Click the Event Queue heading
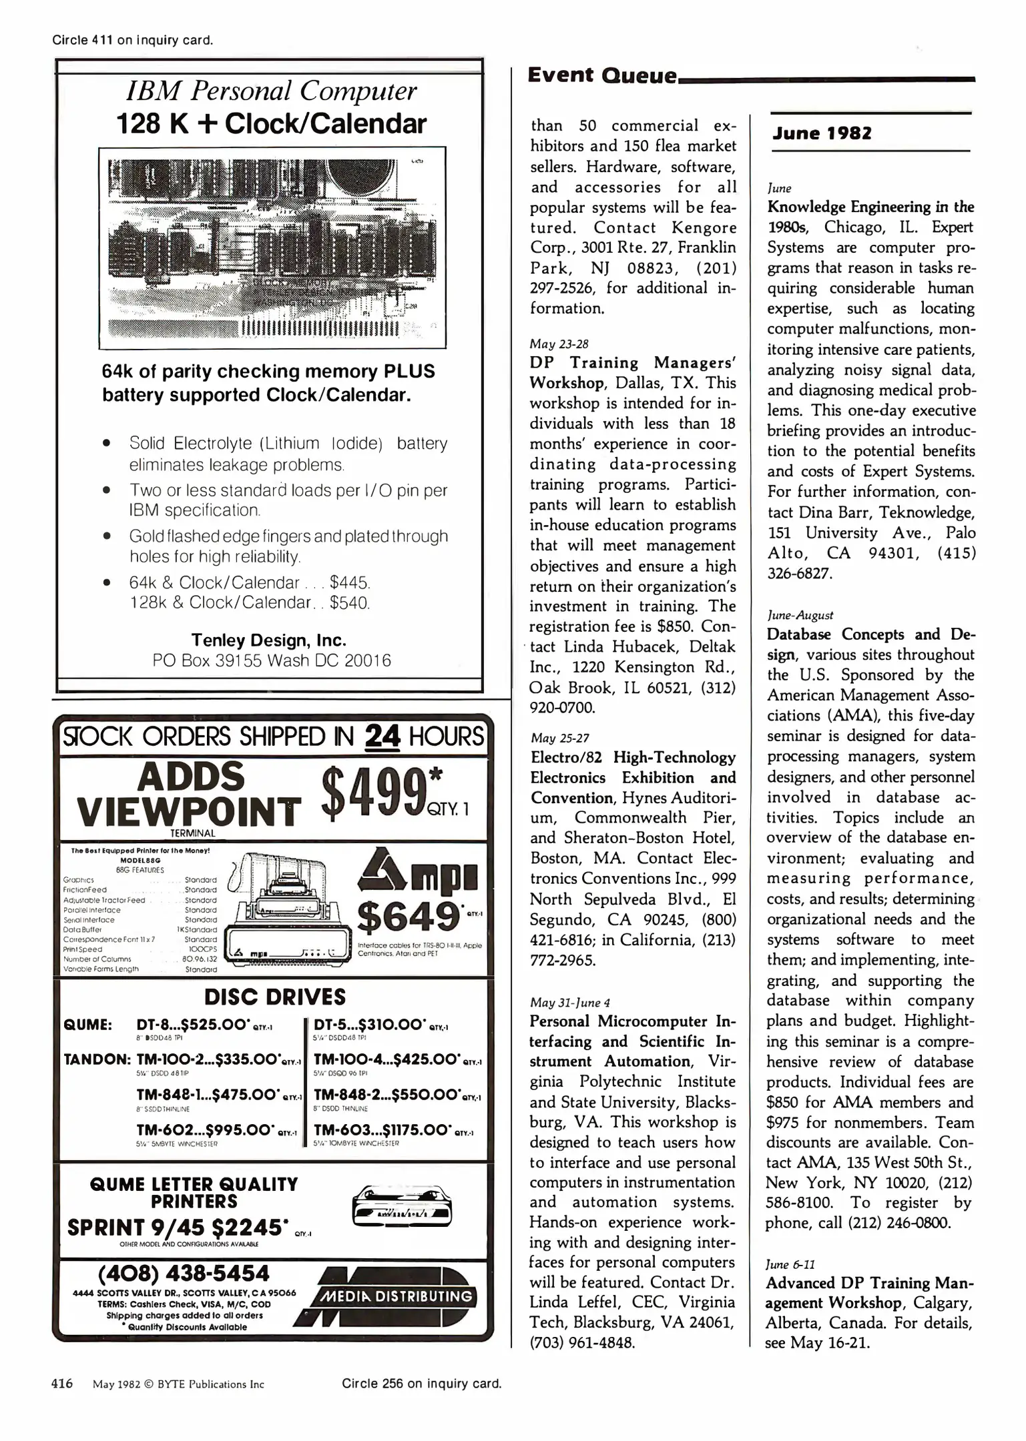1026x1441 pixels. [x=602, y=75]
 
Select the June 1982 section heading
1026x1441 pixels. [x=822, y=133]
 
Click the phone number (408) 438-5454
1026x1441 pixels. [x=184, y=1273]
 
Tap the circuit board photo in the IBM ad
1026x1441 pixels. [x=272, y=247]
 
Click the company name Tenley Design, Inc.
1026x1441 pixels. [x=269, y=640]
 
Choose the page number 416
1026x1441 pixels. [x=62, y=1384]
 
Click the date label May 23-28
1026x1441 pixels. [x=559, y=344]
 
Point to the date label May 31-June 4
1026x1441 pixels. [x=570, y=1002]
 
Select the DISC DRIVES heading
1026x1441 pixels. [x=275, y=997]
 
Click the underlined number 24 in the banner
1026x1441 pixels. [x=383, y=737]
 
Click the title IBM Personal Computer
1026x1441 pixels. [x=272, y=91]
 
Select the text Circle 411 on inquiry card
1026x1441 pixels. [x=133, y=40]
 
